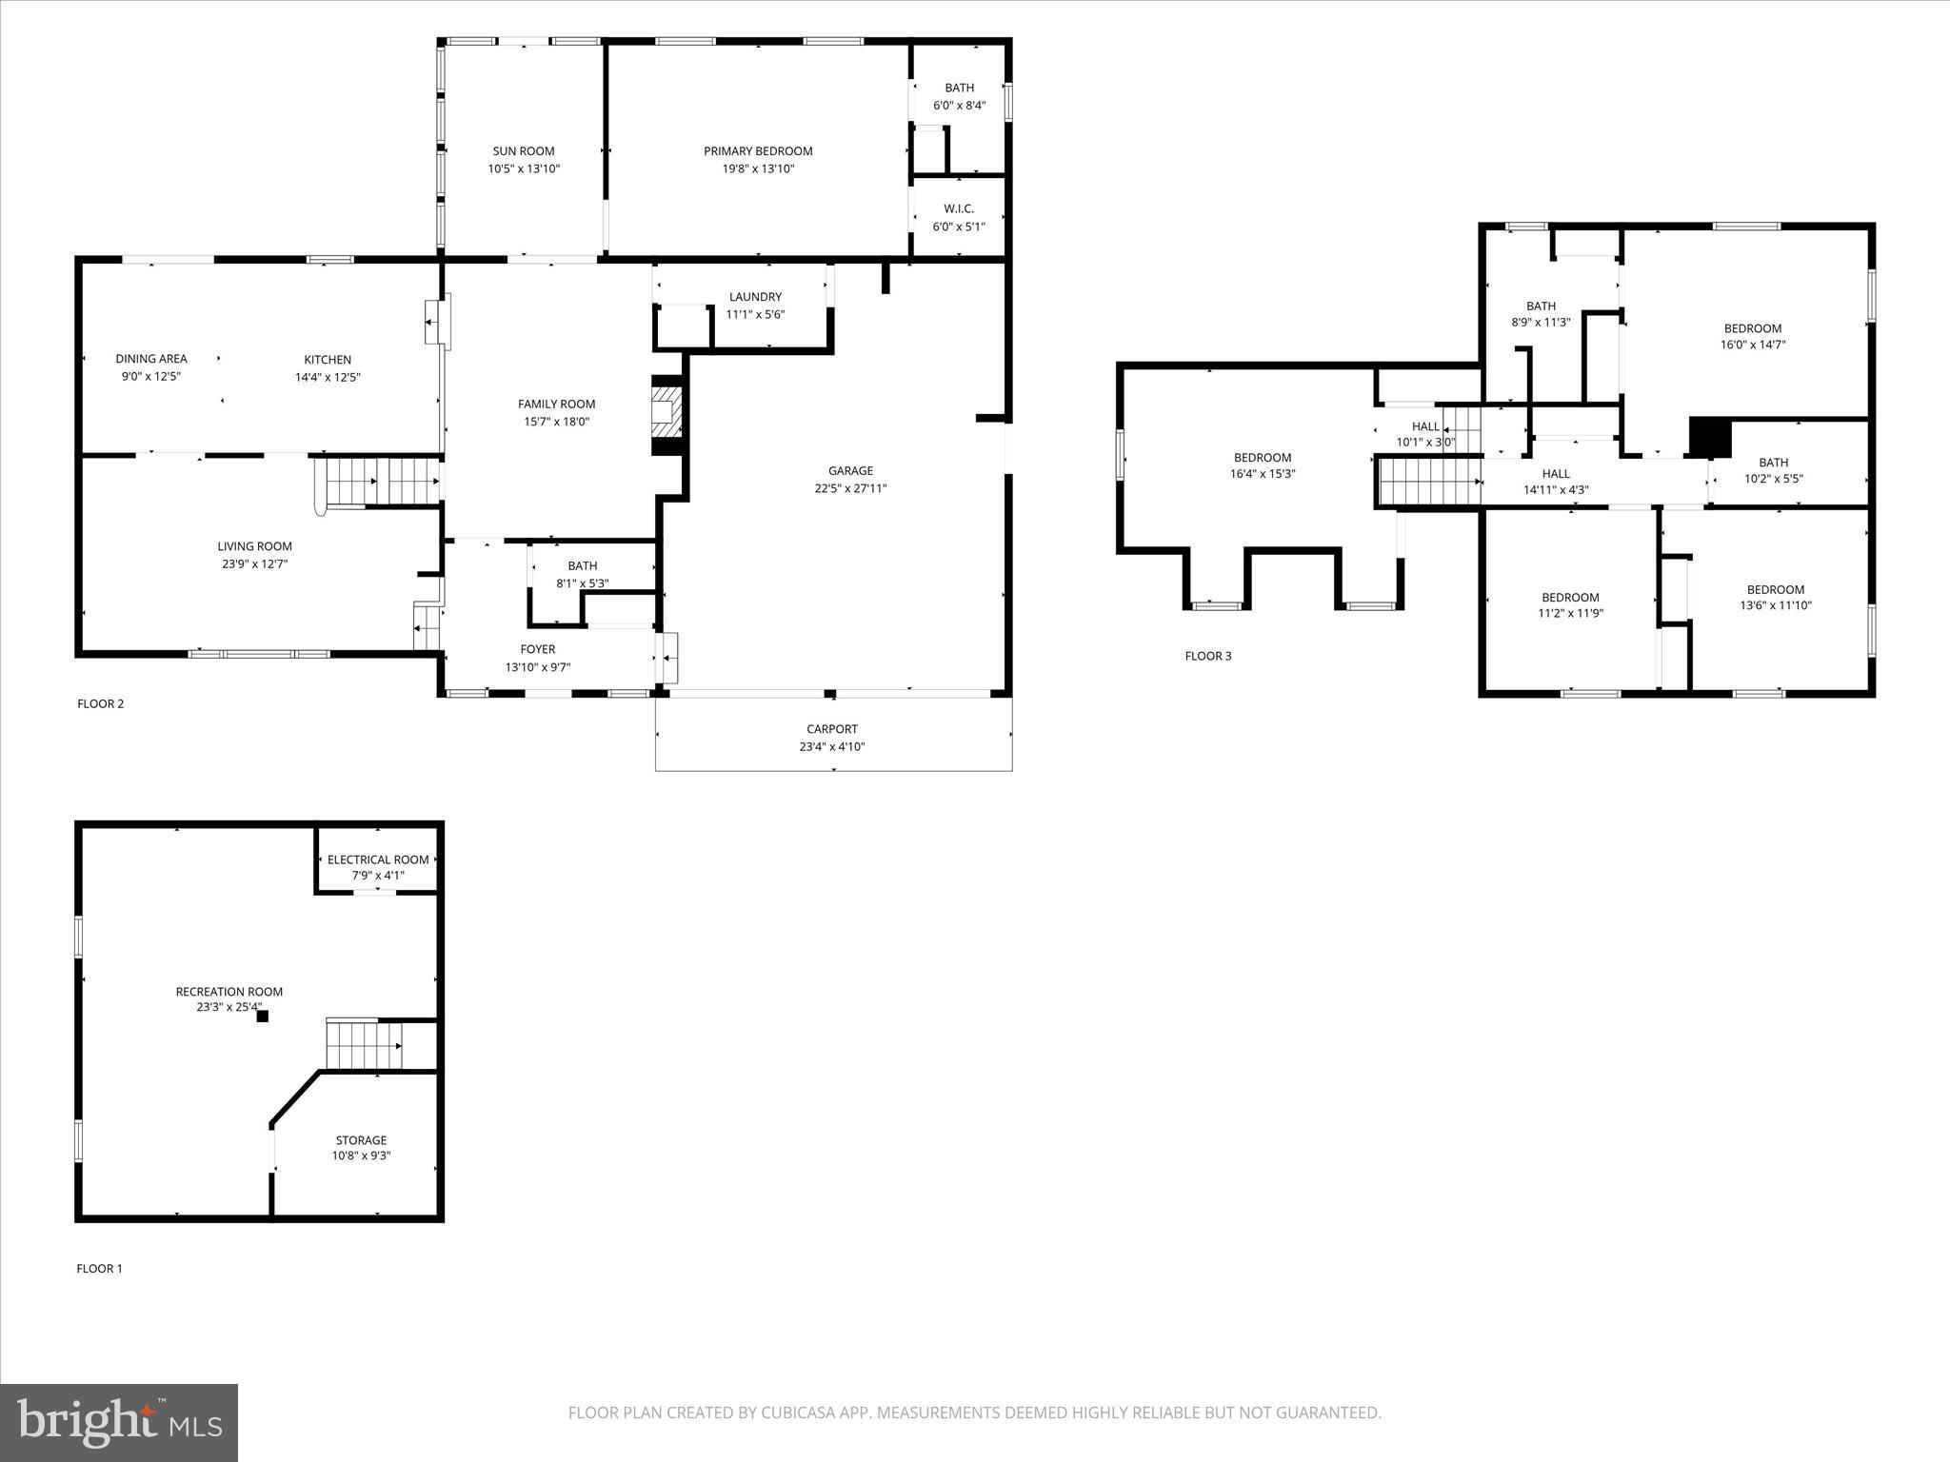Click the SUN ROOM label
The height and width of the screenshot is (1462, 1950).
tap(523, 151)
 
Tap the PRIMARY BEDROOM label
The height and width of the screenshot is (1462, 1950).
tap(758, 151)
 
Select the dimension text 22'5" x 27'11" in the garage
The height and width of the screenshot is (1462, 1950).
tap(850, 488)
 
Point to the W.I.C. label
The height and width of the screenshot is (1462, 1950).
tap(959, 208)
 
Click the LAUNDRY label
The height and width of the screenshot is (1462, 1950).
tap(755, 297)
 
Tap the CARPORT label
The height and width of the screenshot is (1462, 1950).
tap(832, 729)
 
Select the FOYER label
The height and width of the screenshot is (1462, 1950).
tap(537, 649)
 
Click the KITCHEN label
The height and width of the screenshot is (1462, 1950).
tap(328, 360)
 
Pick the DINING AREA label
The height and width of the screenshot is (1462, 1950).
tap(151, 359)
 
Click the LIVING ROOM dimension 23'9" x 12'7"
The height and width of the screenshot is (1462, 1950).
tap(254, 563)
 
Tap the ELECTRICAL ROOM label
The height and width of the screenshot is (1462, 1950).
tap(378, 859)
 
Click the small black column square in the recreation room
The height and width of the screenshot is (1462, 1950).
tap(263, 1016)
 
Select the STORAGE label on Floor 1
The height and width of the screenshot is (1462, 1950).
tap(361, 1140)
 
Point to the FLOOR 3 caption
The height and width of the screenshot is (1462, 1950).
tap(1207, 656)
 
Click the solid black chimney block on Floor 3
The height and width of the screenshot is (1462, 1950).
tap(1709, 438)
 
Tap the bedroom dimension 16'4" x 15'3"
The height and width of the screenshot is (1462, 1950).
tap(1263, 473)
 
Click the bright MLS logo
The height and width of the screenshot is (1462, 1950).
tap(119, 1423)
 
